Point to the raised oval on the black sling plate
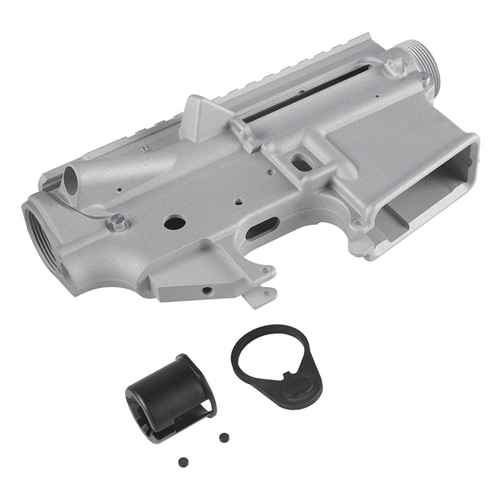click(x=294, y=388)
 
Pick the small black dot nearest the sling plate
click(x=222, y=436)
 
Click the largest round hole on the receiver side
click(x=173, y=221)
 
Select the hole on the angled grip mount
click(x=204, y=291)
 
